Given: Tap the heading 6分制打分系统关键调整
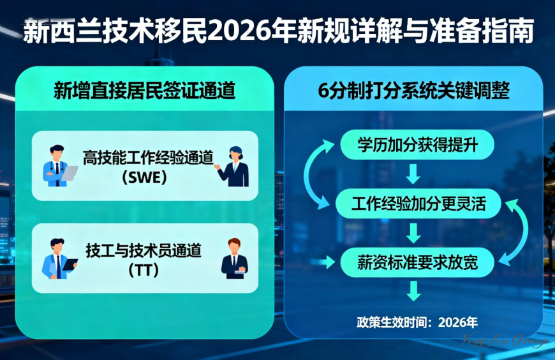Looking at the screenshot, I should [x=413, y=91].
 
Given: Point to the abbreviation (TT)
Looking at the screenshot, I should [x=144, y=270].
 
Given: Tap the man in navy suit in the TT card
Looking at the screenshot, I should [x=234, y=258].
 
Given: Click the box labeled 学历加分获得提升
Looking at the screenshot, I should [x=418, y=146].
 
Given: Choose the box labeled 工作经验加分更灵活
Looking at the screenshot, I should [x=418, y=204].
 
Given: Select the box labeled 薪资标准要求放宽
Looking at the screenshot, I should [x=418, y=262].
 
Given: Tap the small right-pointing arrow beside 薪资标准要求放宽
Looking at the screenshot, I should [x=329, y=262].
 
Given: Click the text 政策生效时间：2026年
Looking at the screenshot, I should [x=417, y=321].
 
